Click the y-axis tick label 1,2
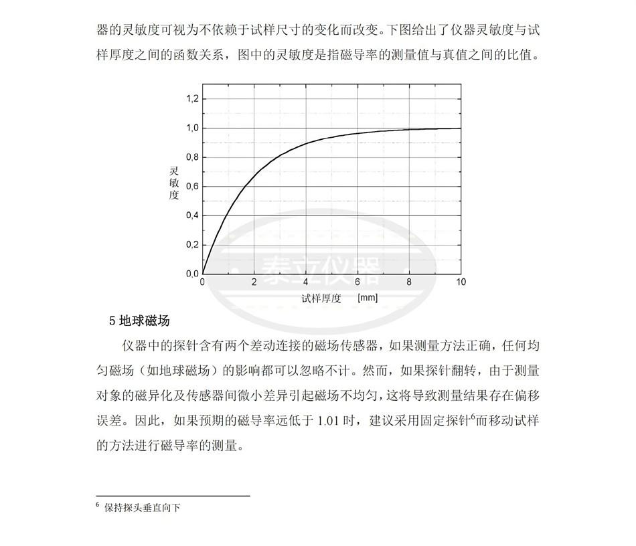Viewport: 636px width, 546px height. pos(192,99)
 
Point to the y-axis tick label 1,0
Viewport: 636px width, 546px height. pos(192,128)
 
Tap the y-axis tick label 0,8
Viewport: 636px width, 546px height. pos(192,158)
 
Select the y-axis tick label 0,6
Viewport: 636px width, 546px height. pos(192,187)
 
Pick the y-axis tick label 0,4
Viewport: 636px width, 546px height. pos(192,215)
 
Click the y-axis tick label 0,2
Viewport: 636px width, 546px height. pos(192,245)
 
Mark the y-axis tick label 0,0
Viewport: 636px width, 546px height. pos(192,274)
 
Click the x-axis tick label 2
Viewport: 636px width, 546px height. pos(254,282)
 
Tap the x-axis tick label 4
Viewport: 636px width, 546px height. pos(305,282)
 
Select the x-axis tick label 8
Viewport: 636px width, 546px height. pos(408,282)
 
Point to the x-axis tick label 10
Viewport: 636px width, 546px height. pos(460,282)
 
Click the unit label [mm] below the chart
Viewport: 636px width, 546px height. pos(368,298)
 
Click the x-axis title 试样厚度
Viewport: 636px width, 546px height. pos(321,298)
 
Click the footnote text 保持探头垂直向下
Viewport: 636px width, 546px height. pos(143,507)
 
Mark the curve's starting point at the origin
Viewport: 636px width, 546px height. pos(203,274)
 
